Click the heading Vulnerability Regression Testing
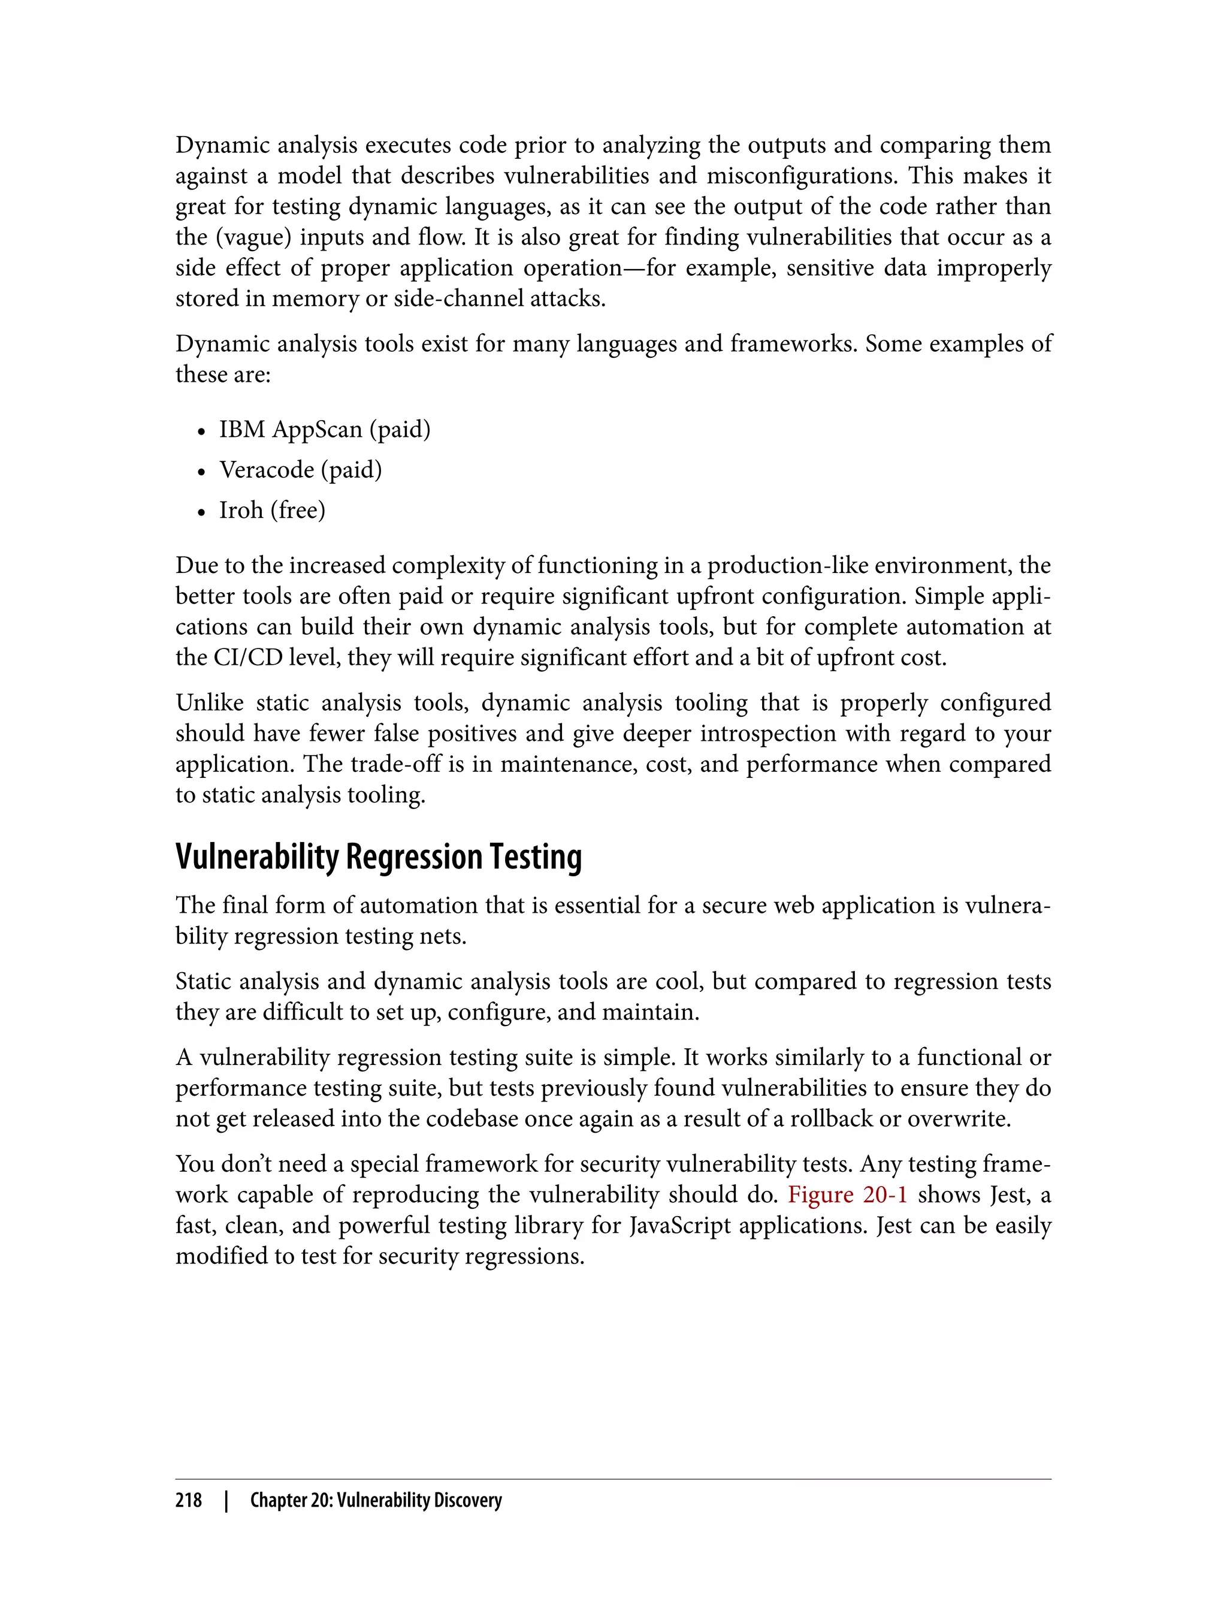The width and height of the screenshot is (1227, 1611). [378, 857]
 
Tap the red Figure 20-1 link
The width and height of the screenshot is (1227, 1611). [847, 1194]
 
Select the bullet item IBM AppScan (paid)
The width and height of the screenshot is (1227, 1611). [324, 429]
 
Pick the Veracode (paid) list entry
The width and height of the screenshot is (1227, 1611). [300, 469]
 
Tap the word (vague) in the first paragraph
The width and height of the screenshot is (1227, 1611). [254, 237]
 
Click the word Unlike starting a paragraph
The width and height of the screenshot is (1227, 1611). [210, 703]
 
